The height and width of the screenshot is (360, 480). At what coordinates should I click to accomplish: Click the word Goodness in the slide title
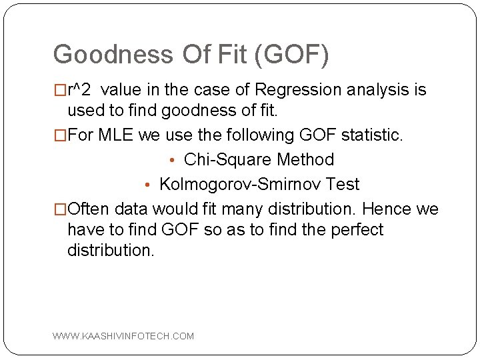(x=103, y=55)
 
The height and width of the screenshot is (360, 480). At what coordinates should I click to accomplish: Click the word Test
(x=342, y=185)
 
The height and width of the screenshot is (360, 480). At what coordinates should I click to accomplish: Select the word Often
(x=87, y=209)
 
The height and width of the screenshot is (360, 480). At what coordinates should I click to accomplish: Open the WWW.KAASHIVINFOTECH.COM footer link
(x=123, y=336)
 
